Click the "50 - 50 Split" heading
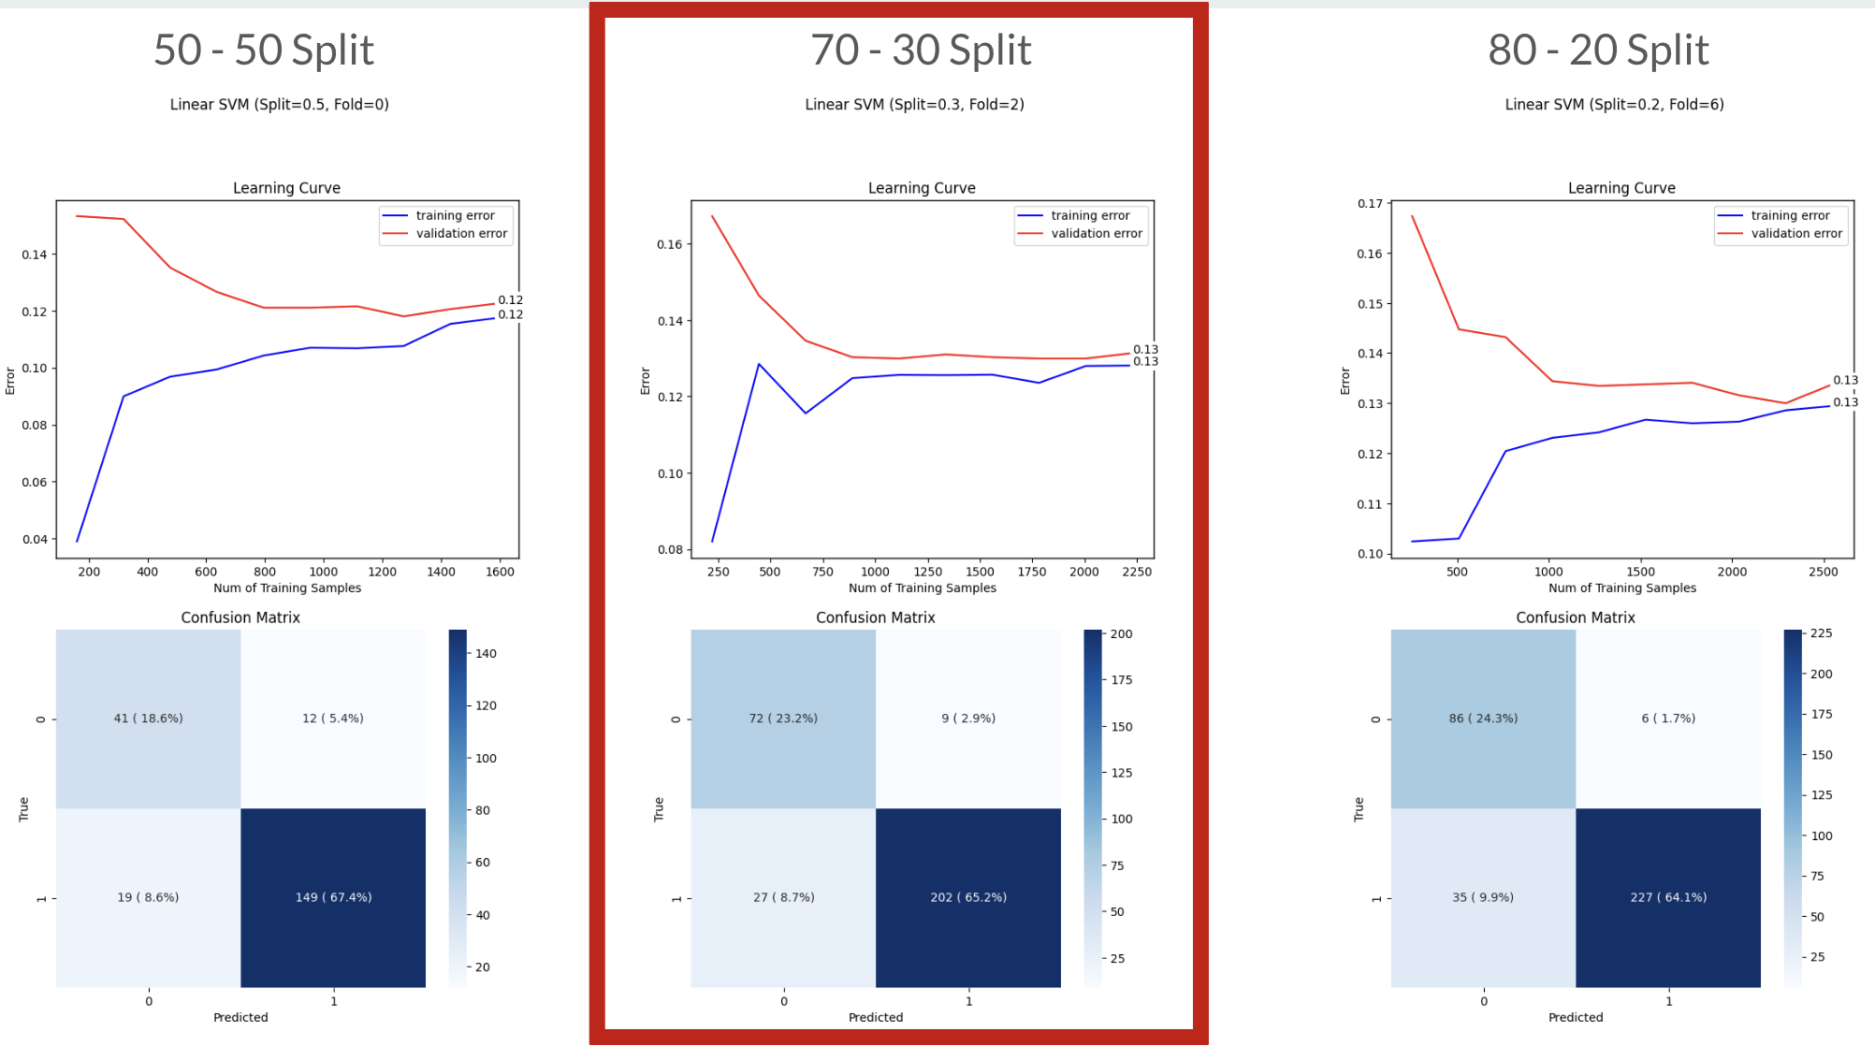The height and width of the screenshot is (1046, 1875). tap(264, 51)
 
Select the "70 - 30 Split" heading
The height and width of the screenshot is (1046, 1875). tap(921, 51)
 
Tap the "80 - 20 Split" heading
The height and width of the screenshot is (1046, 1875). tap(1598, 51)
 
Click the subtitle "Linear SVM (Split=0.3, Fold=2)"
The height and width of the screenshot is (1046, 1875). tap(914, 105)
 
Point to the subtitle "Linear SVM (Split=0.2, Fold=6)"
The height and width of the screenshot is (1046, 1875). tap(1614, 105)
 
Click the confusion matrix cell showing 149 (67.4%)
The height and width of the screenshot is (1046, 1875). tap(333, 897)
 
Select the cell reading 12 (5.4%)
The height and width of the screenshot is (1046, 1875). tap(333, 719)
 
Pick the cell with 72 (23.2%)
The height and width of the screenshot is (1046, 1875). tap(783, 719)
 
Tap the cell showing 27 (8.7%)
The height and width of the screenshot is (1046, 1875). tap(783, 897)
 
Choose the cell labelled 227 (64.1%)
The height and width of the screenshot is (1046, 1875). tap(1668, 897)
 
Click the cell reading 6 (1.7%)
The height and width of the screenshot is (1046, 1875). tap(1668, 719)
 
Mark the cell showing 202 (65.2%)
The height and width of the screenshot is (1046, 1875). tap(968, 897)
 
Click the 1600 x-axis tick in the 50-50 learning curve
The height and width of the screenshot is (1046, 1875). tap(500, 572)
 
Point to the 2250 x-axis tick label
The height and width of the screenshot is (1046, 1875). tap(1137, 572)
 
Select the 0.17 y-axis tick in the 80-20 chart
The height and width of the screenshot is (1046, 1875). tap(1370, 204)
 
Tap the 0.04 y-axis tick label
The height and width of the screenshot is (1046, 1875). tap(35, 540)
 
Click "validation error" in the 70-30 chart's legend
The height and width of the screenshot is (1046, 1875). tap(1097, 234)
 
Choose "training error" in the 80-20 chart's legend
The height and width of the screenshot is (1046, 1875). tap(1790, 216)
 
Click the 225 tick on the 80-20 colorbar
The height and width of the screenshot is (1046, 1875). tap(1821, 633)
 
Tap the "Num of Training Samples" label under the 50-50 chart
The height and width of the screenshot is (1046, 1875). tap(287, 588)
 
